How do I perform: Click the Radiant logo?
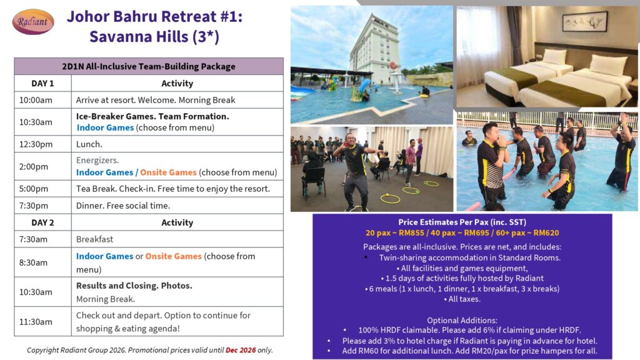(x=33, y=22)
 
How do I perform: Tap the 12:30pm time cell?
(x=36, y=144)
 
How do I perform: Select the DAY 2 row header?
(x=43, y=222)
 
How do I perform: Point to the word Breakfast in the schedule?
(x=95, y=239)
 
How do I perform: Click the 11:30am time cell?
(x=36, y=322)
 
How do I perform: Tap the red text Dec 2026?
(x=241, y=350)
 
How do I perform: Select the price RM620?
(x=546, y=232)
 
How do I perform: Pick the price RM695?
(x=477, y=232)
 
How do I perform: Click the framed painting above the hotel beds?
(x=584, y=21)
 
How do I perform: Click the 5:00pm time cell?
(x=34, y=189)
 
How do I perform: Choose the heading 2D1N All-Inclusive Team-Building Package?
(x=149, y=66)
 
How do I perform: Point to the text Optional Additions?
(x=462, y=321)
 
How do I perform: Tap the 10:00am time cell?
(x=36, y=100)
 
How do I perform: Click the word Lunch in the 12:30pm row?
(x=89, y=144)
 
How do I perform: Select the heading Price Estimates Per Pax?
(x=462, y=222)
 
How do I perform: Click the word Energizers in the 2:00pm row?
(x=97, y=160)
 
